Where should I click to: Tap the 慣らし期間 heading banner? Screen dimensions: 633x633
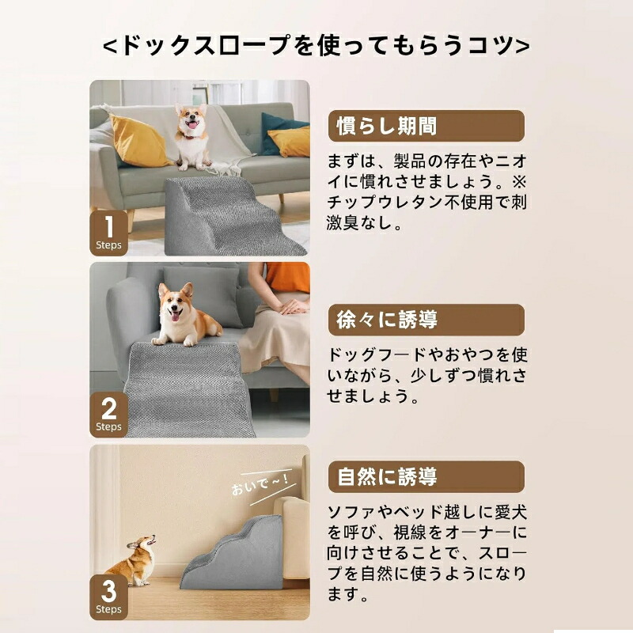426,126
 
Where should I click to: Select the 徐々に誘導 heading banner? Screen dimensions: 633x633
426,320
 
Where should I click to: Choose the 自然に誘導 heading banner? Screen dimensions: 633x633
426,477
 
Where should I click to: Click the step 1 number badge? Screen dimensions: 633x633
108,233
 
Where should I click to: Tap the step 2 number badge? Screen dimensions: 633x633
108,415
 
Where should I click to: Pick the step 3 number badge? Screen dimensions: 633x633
108,597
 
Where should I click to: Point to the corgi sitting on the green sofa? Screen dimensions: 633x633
191,136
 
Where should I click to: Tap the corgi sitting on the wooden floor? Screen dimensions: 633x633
133,560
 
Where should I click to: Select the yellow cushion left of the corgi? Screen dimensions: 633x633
139,141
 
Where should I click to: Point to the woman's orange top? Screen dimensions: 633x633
287,277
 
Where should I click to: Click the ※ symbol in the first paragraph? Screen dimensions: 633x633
519,182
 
